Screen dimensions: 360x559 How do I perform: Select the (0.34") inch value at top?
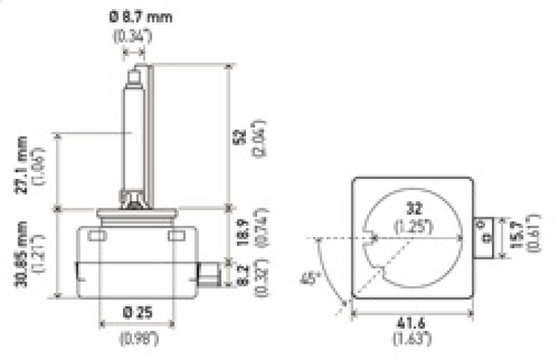(131, 35)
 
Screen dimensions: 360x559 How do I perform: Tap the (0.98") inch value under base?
(138, 340)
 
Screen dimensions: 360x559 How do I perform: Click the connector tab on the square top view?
(484, 235)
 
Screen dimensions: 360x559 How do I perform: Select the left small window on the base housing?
(98, 236)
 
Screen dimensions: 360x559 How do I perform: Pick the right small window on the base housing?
(177, 236)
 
